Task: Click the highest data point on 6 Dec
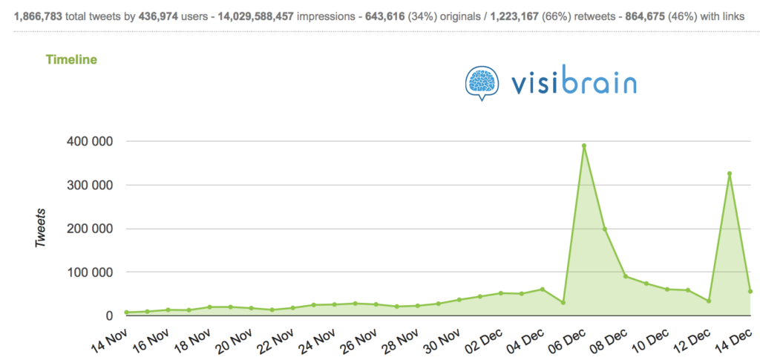(584, 145)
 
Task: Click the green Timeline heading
(71, 59)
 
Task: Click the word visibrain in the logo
(573, 81)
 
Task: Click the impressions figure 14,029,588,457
(255, 14)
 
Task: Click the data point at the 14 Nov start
(126, 312)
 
